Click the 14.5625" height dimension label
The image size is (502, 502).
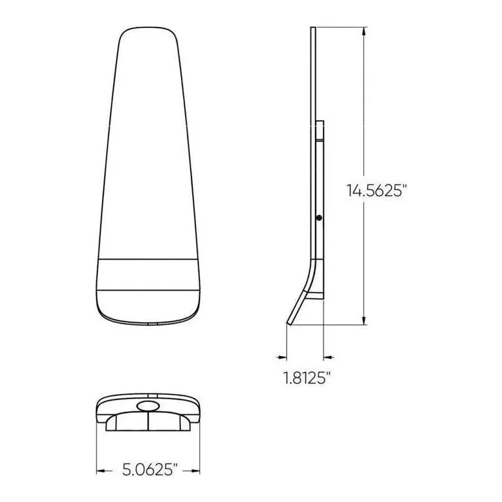pyautogui.click(x=377, y=190)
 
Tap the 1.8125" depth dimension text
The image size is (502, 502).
pyautogui.click(x=305, y=378)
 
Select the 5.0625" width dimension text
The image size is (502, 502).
pyautogui.click(x=148, y=469)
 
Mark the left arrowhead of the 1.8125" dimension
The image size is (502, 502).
pyautogui.click(x=282, y=357)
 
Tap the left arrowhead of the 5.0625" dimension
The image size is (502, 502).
pyautogui.click(x=101, y=469)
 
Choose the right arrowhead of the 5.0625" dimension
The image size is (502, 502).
pyautogui.click(x=195, y=469)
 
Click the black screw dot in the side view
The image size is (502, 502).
pyautogui.click(x=318, y=218)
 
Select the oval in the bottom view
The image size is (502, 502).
pyautogui.click(x=148, y=407)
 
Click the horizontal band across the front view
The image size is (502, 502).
pyautogui.click(x=148, y=274)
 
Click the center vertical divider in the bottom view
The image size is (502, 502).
pyautogui.click(x=148, y=422)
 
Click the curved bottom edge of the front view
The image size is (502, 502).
pyautogui.click(x=148, y=322)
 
